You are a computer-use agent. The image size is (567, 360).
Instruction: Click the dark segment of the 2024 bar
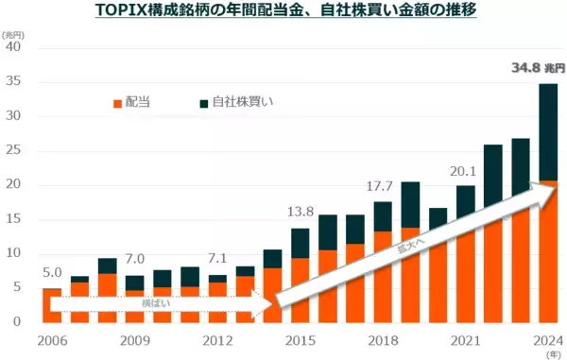pos(547,132)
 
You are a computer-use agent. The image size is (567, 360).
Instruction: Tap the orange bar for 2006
pos(53,304)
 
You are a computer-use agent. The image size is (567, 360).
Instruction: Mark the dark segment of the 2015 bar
pos(300,243)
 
